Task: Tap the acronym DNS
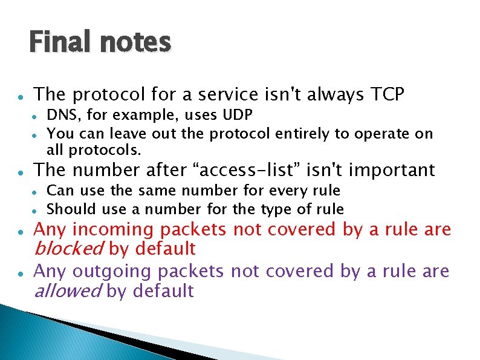pyautogui.click(x=61, y=115)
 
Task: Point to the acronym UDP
pyautogui.click(x=236, y=115)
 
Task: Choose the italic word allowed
pyautogui.click(x=67, y=291)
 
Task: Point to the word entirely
pyautogui.click(x=300, y=133)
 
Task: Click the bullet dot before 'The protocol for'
pyautogui.click(x=21, y=96)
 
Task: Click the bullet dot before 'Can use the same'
pyautogui.click(x=36, y=191)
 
